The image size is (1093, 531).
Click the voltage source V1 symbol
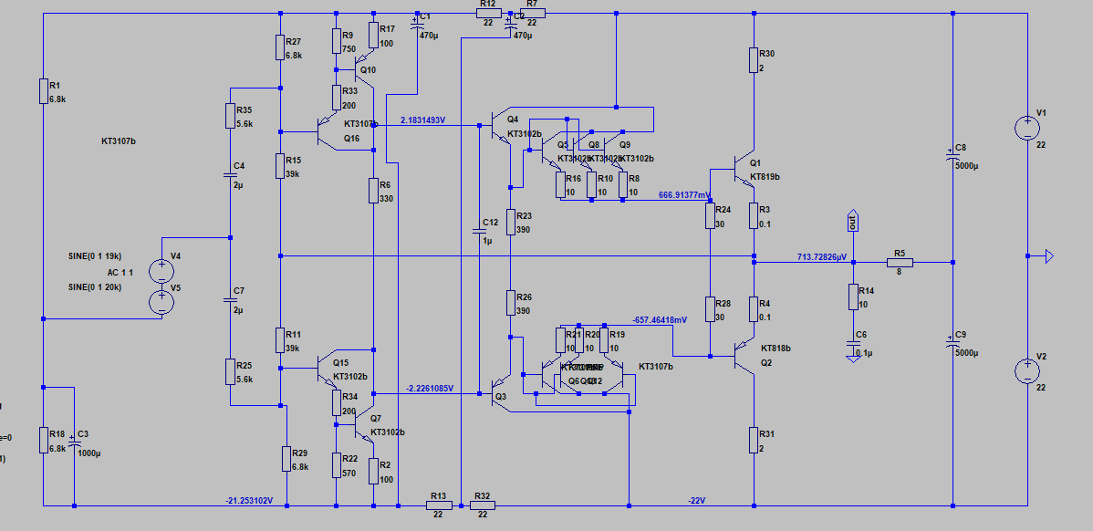(1027, 128)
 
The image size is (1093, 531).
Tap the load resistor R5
(900, 263)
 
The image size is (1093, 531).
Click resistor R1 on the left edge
(44, 90)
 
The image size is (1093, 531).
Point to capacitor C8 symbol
(952, 159)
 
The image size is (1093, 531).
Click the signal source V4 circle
(161, 271)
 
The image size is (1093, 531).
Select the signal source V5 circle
(161, 302)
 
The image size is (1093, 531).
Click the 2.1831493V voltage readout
(422, 120)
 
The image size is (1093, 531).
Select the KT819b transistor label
(765, 176)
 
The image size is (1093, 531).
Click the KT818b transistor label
(776, 348)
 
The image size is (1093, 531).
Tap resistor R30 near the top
(755, 60)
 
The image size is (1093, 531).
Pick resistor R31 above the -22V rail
(755, 440)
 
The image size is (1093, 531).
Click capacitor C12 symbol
(479, 234)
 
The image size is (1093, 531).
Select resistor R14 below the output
(853, 297)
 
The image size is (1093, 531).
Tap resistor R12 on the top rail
(485, 14)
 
